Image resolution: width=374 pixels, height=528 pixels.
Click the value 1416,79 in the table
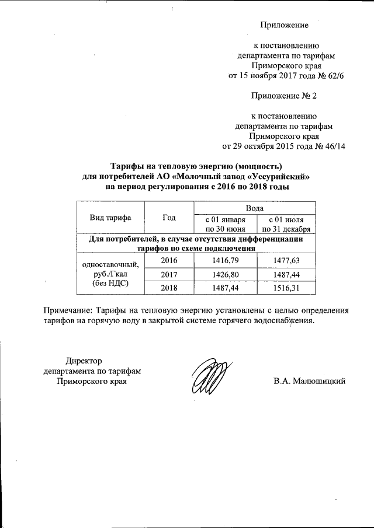click(x=225, y=260)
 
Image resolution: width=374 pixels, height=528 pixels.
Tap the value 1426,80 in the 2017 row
click(x=225, y=274)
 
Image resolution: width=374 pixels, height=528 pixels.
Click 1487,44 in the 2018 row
click(x=225, y=288)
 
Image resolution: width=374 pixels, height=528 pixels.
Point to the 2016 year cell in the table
click(x=169, y=260)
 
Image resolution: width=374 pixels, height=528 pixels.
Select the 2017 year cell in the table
click(x=169, y=274)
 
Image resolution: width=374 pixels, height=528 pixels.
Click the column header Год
click(x=169, y=218)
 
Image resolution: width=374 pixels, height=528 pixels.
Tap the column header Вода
click(x=254, y=208)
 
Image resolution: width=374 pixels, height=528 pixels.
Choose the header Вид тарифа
click(x=110, y=218)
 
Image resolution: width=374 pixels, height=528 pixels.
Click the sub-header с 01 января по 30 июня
click(x=225, y=223)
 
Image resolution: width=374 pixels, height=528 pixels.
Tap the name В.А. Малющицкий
click(x=310, y=381)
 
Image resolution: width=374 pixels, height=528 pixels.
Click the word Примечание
click(x=68, y=310)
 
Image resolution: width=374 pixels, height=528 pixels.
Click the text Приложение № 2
click(x=284, y=95)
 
